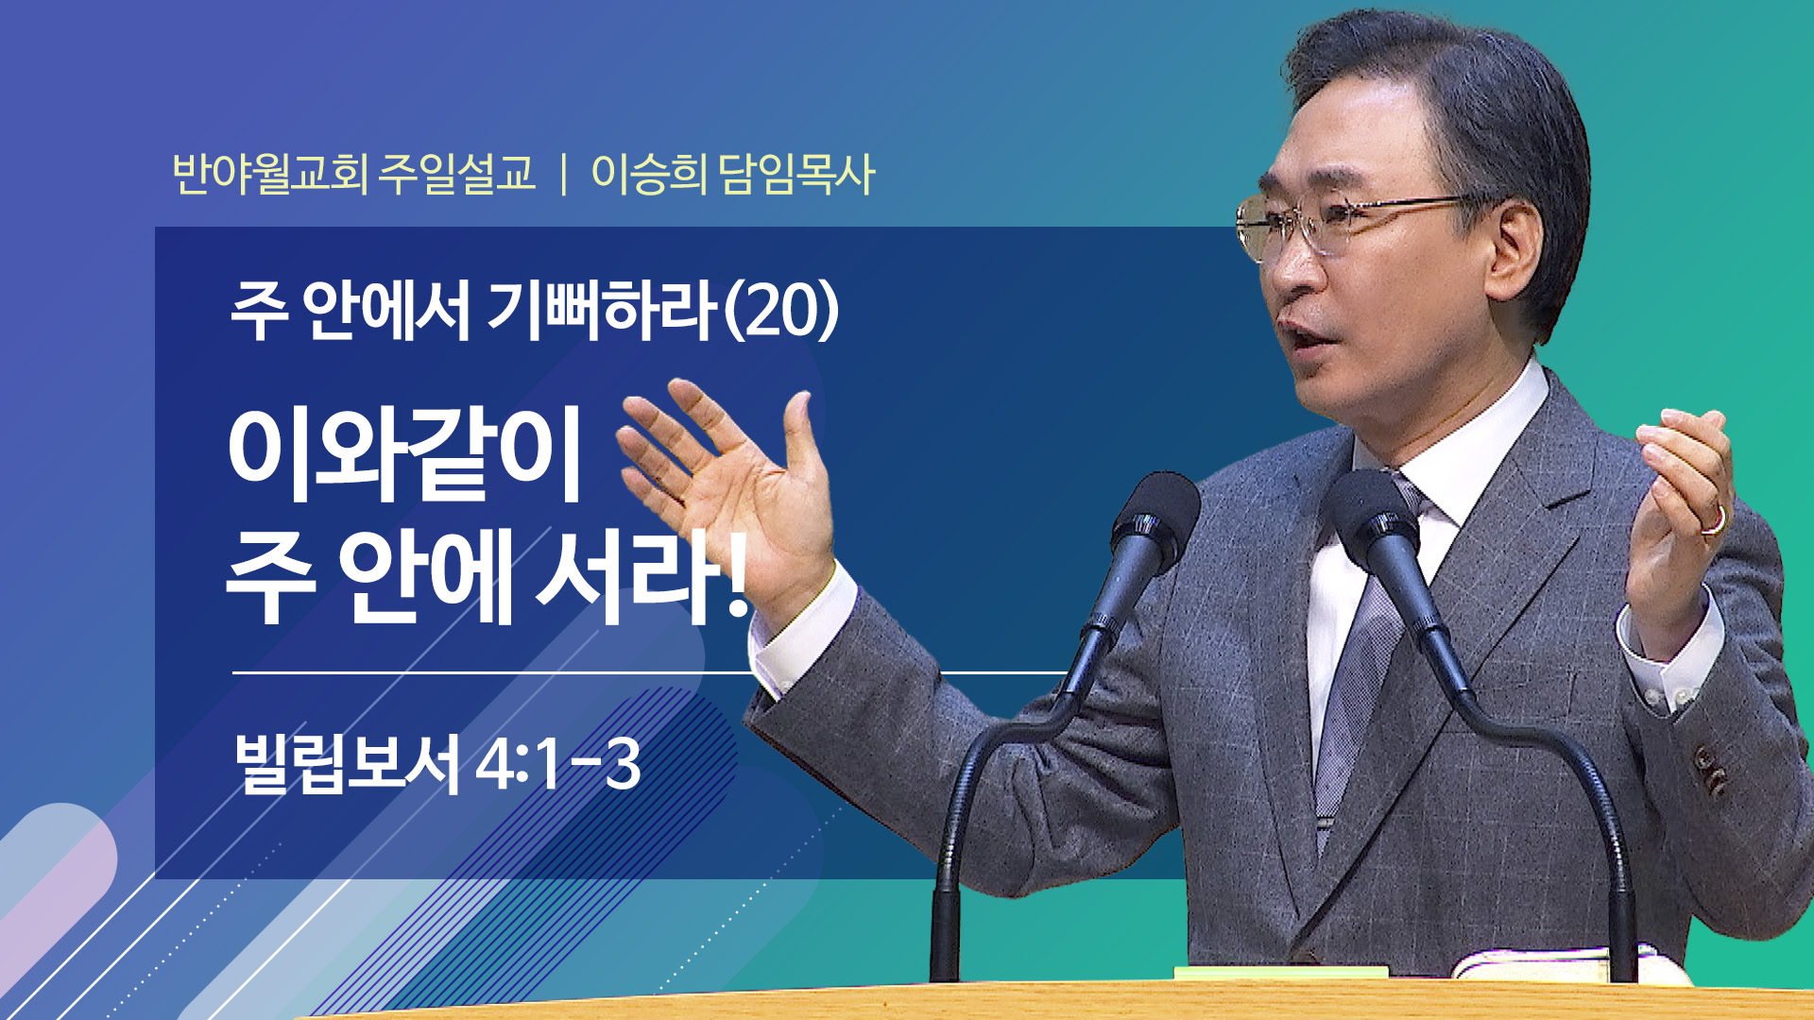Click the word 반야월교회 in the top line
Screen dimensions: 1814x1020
(x=270, y=174)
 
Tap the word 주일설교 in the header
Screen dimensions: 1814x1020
(x=457, y=174)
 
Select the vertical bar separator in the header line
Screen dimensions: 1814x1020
(x=564, y=175)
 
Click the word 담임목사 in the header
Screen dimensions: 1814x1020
(x=796, y=174)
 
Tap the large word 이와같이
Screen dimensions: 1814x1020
(x=404, y=454)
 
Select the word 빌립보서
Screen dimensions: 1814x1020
(x=347, y=763)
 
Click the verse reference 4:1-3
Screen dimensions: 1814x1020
(x=558, y=764)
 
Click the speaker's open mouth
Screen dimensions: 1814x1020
(x=1299, y=338)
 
